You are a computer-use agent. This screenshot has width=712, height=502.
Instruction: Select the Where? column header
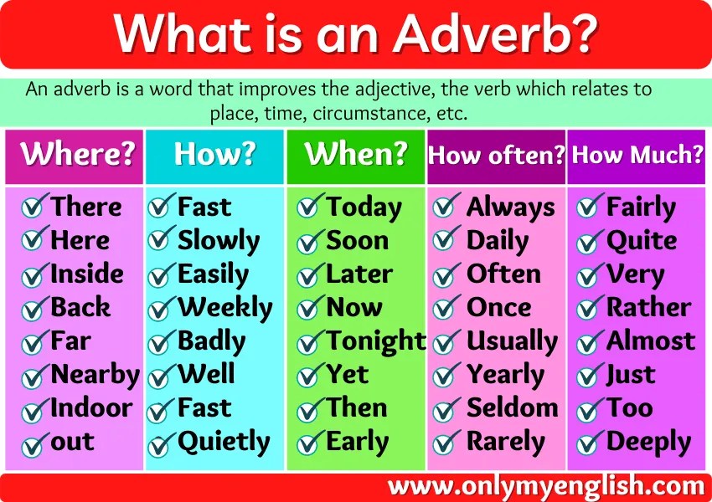tap(78, 155)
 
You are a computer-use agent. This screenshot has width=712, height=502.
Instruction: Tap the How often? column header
tap(496, 156)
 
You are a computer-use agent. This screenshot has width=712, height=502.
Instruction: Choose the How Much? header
tap(637, 155)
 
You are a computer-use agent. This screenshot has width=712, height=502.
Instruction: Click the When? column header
tap(356, 154)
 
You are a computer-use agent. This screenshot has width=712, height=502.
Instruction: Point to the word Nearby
tap(95, 375)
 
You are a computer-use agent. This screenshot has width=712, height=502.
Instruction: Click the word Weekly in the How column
tap(224, 308)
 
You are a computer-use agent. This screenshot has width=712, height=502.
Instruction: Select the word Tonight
tap(376, 341)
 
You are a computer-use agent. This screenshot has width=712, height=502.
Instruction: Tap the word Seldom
tap(512, 408)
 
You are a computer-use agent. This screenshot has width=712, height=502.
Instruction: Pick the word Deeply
tap(648, 442)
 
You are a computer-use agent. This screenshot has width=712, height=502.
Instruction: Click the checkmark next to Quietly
tap(162, 441)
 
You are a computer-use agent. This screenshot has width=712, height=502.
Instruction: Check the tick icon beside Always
tap(447, 206)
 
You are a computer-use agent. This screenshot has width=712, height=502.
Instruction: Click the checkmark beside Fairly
tap(591, 206)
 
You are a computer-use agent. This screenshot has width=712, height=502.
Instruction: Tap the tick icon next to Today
tap(311, 206)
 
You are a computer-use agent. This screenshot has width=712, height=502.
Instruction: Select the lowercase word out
tap(73, 443)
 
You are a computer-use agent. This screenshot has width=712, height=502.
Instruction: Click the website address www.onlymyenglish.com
tap(546, 486)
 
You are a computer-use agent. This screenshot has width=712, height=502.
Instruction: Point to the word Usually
tap(511, 341)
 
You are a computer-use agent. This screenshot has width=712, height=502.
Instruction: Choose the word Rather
tap(648, 308)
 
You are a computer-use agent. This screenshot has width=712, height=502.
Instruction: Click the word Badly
tap(211, 341)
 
